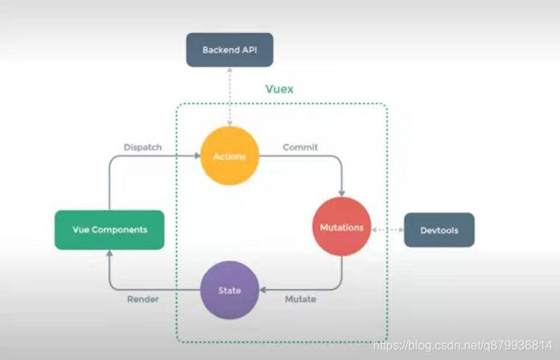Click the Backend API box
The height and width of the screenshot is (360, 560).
coord(230,50)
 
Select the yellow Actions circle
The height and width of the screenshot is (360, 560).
coord(229,156)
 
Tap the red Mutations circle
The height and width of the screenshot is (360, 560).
coord(341,228)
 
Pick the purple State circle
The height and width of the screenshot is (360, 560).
coord(229,291)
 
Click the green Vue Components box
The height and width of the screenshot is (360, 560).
coord(109,230)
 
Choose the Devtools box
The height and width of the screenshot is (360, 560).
coord(439,230)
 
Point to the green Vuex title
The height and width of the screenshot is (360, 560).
coord(278,89)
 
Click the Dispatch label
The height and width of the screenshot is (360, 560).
coord(143,146)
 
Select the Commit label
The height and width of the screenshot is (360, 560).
coord(300,146)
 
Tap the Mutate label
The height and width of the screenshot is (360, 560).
coord(300,300)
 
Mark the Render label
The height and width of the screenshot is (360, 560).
coord(143,300)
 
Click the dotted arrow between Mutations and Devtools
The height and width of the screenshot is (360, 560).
coord(387,229)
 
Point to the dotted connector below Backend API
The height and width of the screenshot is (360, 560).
coord(229,95)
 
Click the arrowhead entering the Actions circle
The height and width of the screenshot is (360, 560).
coord(197,156)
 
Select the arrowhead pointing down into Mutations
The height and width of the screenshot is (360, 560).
coord(341,193)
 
